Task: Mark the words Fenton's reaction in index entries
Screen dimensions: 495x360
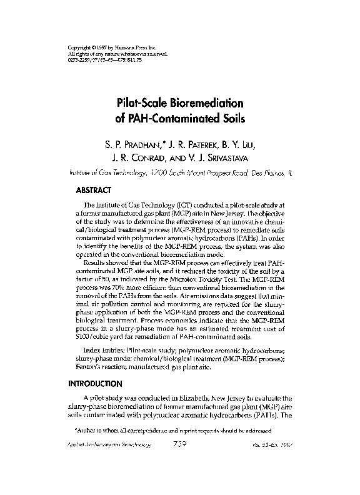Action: [x=101, y=367]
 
